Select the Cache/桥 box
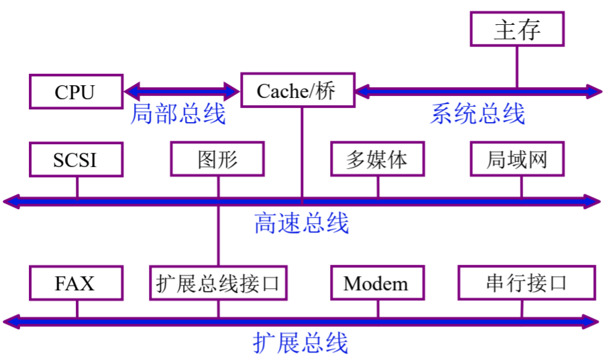pyautogui.click(x=296, y=90)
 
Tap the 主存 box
pyautogui.click(x=516, y=29)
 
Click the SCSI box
pyautogui.click(x=76, y=160)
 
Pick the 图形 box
pyautogui.click(x=217, y=160)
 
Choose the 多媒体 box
pyautogui.click(x=377, y=160)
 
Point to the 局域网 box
pyautogui.click(x=516, y=160)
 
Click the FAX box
pyautogui.click(x=76, y=283)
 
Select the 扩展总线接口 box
pyautogui.click(x=217, y=283)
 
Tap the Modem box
pyautogui.click(x=377, y=283)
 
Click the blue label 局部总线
pyautogui.click(x=177, y=114)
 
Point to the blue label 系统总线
pyautogui.click(x=478, y=114)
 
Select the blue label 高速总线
pyautogui.click(x=301, y=223)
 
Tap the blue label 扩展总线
pyautogui.click(x=301, y=343)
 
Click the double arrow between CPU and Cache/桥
pyautogui.click(x=182, y=90)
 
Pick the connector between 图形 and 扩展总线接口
pyautogui.click(x=218, y=235)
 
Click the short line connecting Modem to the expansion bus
pyautogui.click(x=378, y=308)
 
